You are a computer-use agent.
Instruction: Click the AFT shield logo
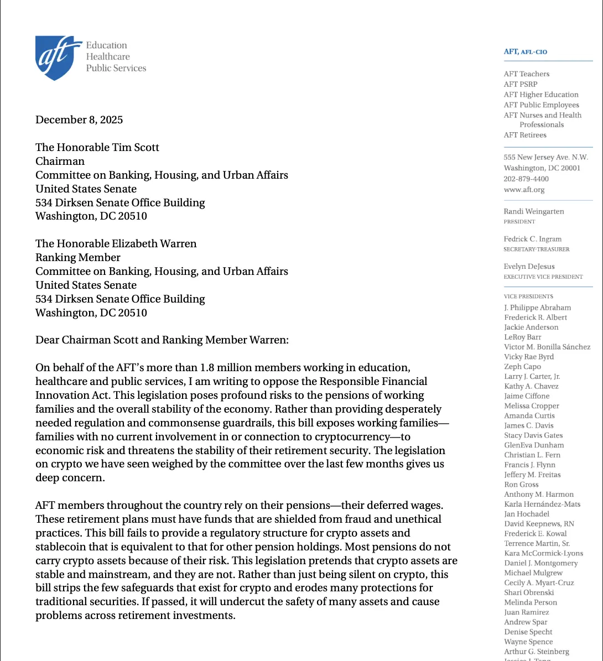pos(55,58)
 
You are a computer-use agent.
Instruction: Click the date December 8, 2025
pos(79,119)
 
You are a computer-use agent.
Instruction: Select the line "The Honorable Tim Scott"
pos(97,147)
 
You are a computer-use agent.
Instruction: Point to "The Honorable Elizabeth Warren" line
pos(116,243)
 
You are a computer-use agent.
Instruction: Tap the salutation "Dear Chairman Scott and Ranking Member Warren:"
pos(162,340)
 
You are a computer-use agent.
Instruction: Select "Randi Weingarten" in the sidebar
pos(534,211)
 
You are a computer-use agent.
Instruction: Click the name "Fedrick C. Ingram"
pos(532,239)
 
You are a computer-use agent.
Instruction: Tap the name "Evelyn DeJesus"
pos(529,266)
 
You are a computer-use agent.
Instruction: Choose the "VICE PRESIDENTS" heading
pos(528,296)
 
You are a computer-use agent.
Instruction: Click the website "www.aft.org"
pos(524,189)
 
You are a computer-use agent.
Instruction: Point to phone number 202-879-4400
pos(526,179)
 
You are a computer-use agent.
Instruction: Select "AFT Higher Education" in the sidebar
pos(541,95)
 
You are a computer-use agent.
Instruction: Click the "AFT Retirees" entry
pos(525,135)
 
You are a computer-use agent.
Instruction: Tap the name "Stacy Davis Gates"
pos(533,435)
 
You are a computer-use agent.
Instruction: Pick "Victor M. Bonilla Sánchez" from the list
pos(547,347)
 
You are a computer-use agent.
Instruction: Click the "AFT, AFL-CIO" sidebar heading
pos(525,52)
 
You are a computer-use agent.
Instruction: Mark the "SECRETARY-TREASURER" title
pos(536,249)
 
